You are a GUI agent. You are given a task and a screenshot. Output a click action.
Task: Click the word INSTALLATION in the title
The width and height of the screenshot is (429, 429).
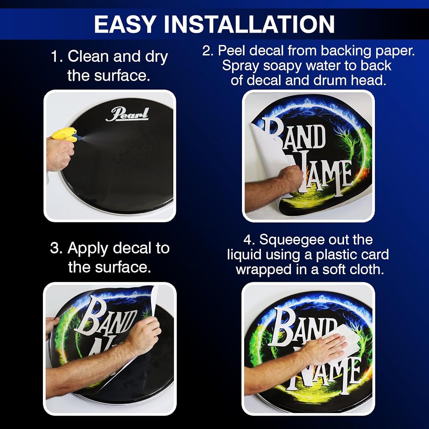coord(249,24)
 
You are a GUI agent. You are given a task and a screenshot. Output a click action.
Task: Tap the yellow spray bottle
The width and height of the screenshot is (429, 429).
coord(66,135)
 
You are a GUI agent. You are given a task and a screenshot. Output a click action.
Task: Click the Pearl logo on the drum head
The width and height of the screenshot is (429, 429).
coord(127,115)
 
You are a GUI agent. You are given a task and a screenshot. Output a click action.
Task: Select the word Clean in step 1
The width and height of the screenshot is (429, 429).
coord(88,56)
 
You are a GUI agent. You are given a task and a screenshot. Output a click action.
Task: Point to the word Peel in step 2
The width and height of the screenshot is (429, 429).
coord(232,51)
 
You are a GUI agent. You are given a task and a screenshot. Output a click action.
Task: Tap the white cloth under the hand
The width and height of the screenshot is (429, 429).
coord(345,341)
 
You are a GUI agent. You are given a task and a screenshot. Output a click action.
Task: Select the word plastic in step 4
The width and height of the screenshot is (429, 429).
coord(336,255)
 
